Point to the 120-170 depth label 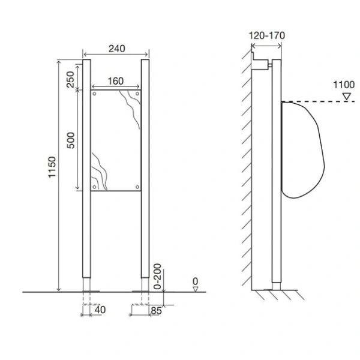tap(267, 35)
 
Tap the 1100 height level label tap(344, 85)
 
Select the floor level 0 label tap(195, 280)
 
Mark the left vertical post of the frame tap(86, 168)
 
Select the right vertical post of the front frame tap(145, 168)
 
